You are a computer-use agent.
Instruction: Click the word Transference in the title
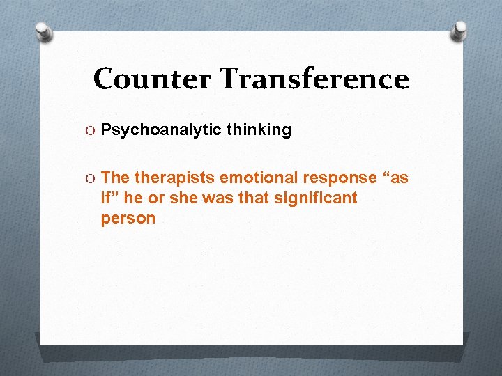pyautogui.click(x=314, y=79)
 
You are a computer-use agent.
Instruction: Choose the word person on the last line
pyautogui.click(x=128, y=219)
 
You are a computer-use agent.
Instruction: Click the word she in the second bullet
pyautogui.click(x=181, y=198)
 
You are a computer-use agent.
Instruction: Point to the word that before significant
pyautogui.click(x=251, y=198)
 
